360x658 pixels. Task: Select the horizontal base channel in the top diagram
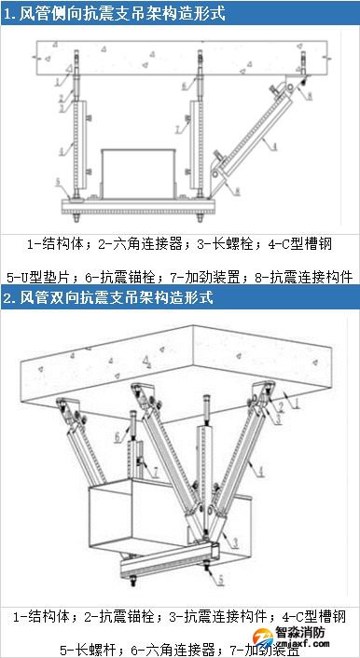pos(140,204)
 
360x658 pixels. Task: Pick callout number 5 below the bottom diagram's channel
pos(220,580)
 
